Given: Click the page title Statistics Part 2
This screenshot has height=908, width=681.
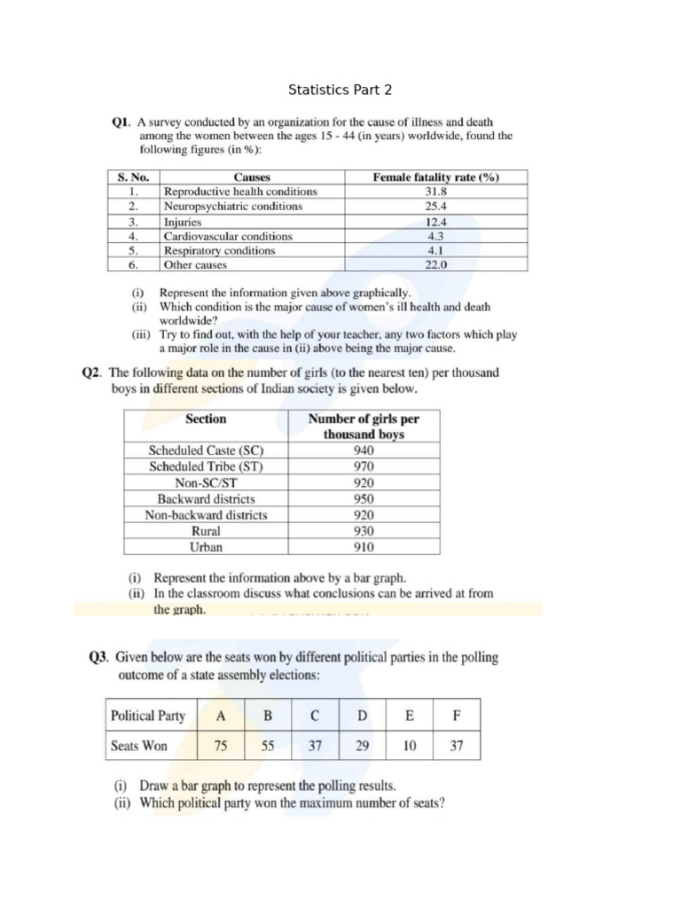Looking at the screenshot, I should pos(340,90).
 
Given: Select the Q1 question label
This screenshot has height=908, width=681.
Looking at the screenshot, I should pos(121,122).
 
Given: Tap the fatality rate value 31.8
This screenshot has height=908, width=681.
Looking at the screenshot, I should pos(436,192).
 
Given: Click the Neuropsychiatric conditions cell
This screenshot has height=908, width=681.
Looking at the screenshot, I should pos(232,207).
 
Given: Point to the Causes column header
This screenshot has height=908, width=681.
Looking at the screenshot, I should pos(252,177).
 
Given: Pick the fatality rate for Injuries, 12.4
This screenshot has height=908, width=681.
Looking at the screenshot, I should pos(436,223).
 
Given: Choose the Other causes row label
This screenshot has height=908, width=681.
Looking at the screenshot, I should pos(195,265).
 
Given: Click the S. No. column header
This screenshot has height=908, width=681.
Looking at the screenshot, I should pos(133,177).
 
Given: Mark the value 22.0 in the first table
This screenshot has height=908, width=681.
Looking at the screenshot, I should pos(436,265).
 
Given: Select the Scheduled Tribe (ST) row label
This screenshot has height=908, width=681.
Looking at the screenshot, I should pos(206,466).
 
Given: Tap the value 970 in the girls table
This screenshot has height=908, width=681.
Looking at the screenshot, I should pos(364,466).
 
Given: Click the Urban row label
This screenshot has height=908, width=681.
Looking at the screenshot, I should pos(206,547).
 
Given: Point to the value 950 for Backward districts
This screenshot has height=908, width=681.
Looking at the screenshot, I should pos(364,498).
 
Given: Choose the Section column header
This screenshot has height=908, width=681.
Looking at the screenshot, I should pos(206,419).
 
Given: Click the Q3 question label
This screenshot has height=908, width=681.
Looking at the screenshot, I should pos(98,658).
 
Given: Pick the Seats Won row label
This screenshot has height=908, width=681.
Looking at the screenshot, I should pos(138,746).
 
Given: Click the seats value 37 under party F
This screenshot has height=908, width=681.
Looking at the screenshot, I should pos(456,746).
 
